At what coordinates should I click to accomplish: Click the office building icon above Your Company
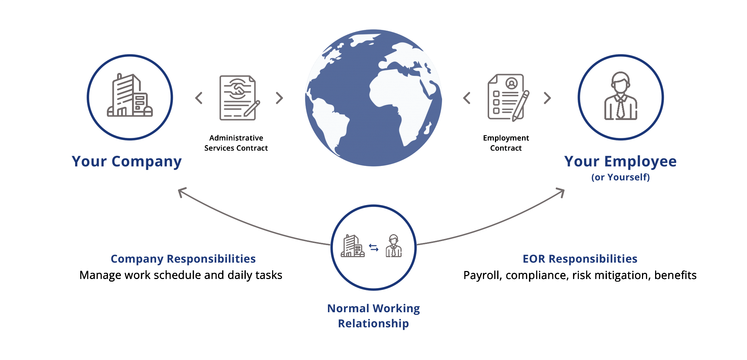tap(130, 96)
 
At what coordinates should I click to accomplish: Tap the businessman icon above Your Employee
tap(620, 96)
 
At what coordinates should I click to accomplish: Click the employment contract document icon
tap(508, 98)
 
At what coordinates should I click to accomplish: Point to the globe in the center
tap(373, 98)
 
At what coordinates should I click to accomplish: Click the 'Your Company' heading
tap(127, 162)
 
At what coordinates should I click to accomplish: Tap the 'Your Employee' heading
tap(620, 161)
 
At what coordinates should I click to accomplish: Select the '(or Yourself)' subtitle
tap(620, 177)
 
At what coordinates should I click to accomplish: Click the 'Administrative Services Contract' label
tap(236, 143)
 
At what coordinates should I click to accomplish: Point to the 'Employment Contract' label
tap(506, 143)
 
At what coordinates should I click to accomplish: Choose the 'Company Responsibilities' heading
tap(183, 259)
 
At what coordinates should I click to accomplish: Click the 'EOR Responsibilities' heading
tap(580, 259)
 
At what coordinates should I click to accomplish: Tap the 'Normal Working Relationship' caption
tap(373, 316)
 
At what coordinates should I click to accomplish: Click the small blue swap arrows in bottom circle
tap(373, 248)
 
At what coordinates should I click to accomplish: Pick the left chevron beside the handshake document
tap(199, 98)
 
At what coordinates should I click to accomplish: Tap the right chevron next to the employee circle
tap(547, 98)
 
